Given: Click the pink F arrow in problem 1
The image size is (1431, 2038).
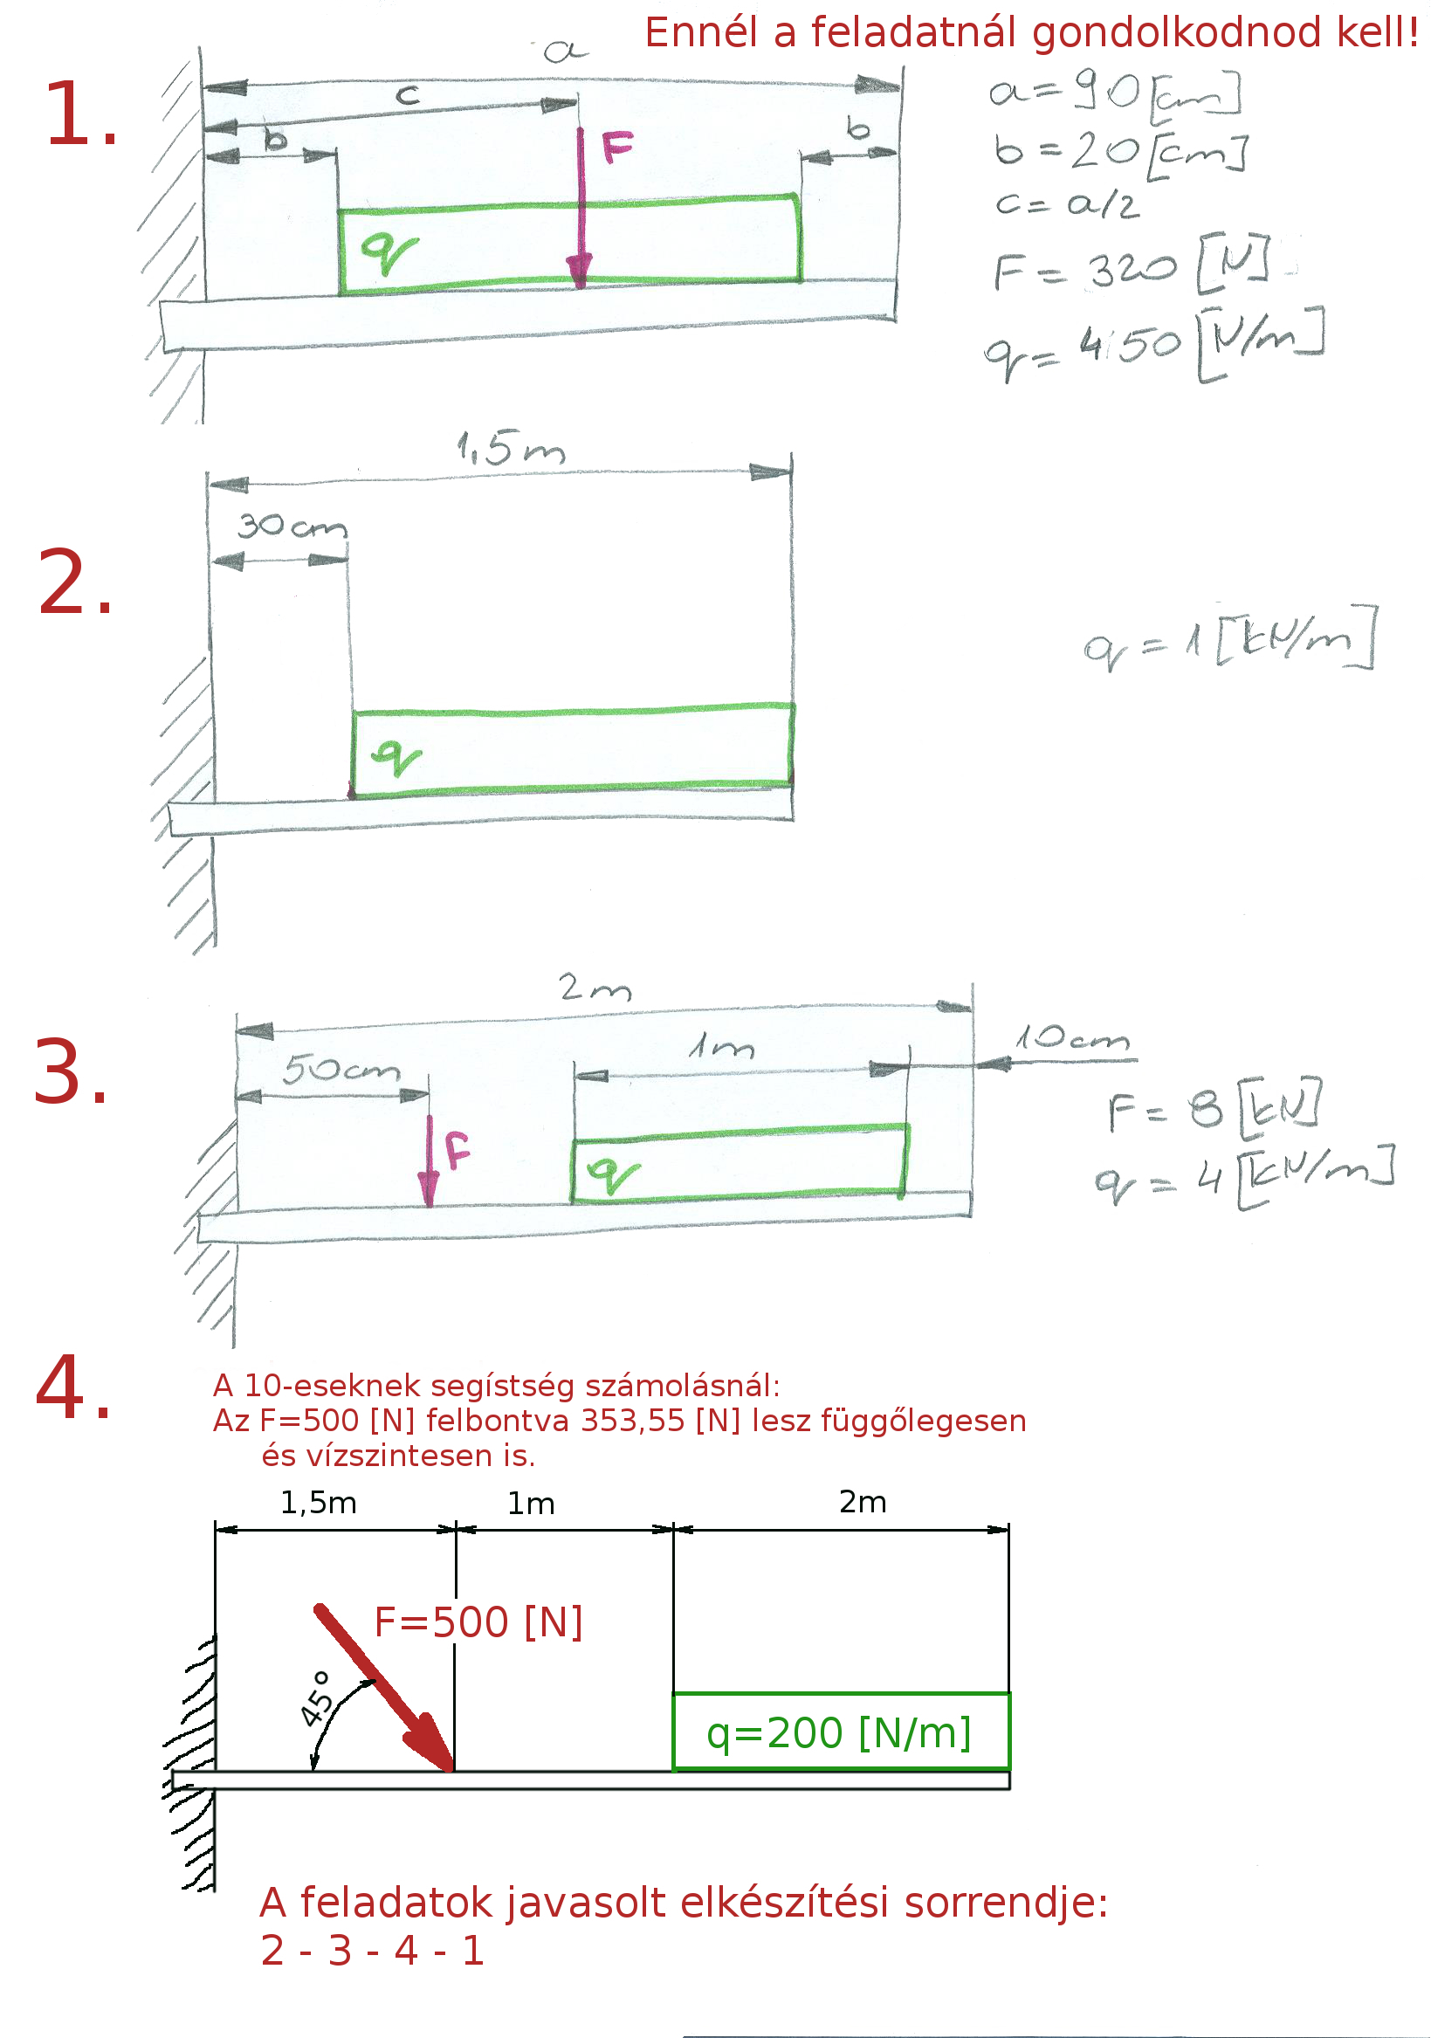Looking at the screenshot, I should click(x=580, y=209).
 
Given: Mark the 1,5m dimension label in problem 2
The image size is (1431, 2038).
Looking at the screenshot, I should click(x=511, y=449).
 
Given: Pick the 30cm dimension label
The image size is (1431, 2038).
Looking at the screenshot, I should click(x=291, y=527).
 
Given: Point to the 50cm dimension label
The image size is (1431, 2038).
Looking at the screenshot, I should click(x=341, y=1071).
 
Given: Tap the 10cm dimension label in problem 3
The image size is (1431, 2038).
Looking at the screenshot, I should click(x=1072, y=1037).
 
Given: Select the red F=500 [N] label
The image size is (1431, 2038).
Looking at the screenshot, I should click(x=478, y=1622).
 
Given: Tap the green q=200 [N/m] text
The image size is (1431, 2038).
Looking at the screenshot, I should click(x=839, y=1732).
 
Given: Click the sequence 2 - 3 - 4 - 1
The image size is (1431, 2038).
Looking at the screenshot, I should click(x=373, y=1950).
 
